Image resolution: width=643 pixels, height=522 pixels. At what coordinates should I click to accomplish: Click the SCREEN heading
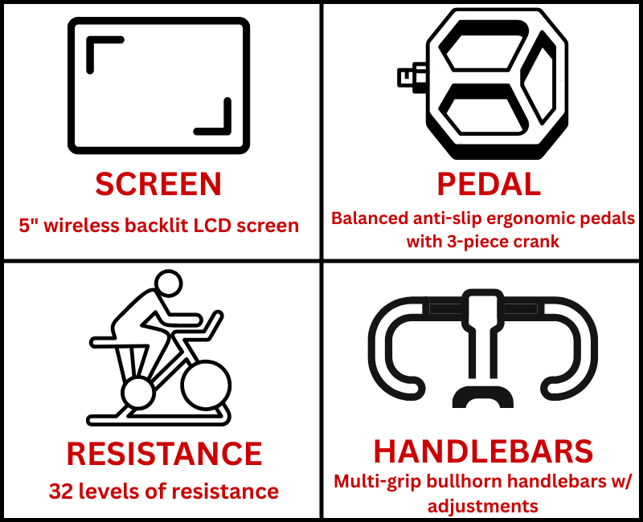coord(158,184)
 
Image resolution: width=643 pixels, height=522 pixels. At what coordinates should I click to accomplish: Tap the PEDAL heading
coord(489,184)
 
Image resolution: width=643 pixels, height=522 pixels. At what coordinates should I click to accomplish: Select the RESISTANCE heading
coord(164,454)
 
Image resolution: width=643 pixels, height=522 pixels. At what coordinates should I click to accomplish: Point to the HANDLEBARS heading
coord(483,451)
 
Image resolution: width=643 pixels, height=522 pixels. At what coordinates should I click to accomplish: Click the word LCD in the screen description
coord(212,226)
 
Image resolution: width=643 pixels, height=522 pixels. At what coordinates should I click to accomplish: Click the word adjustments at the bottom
coord(483,507)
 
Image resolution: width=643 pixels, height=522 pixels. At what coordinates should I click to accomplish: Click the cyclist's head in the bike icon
coord(169,283)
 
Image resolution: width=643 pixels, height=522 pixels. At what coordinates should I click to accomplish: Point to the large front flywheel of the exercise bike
coord(206,385)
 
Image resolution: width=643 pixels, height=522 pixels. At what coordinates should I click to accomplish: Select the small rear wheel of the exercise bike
coord(138,393)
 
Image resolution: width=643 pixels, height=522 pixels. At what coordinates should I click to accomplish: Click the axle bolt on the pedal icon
coord(412,77)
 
